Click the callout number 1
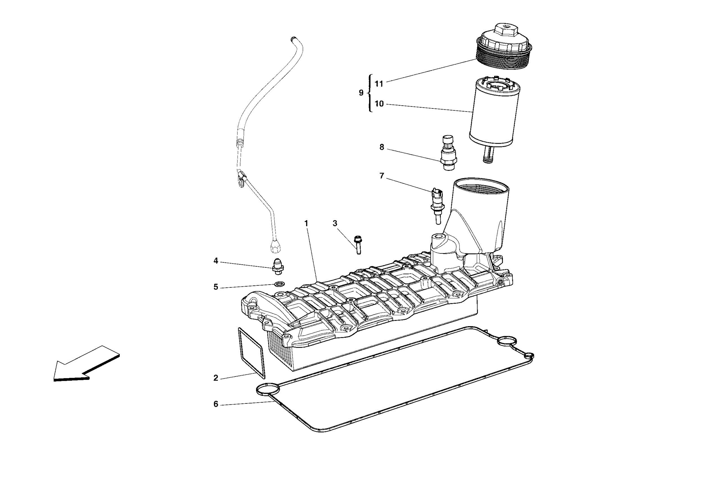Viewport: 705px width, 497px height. pyautogui.click(x=306, y=224)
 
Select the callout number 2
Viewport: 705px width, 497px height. pyautogui.click(x=216, y=378)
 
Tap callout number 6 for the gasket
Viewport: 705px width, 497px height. pyautogui.click(x=216, y=404)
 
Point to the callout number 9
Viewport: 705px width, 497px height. pyautogui.click(x=361, y=93)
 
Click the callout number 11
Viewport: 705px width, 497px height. pyautogui.click(x=379, y=84)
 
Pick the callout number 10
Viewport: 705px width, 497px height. pyautogui.click(x=379, y=104)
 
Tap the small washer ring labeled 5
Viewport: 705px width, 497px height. pyautogui.click(x=280, y=284)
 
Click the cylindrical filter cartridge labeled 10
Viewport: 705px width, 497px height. pyautogui.click(x=494, y=110)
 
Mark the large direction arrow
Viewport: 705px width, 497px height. pyautogui.click(x=86, y=365)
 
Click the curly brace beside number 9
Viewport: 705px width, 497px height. pyautogui.click(x=370, y=93)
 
